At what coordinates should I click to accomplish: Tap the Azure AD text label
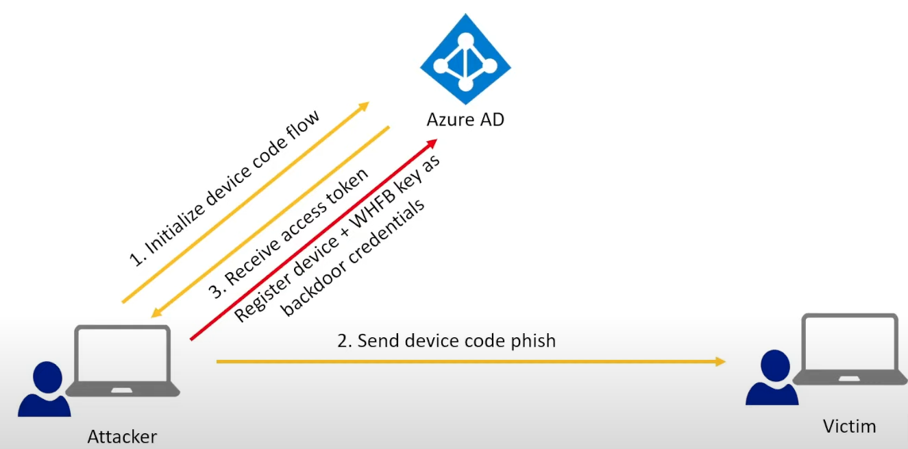[x=465, y=119]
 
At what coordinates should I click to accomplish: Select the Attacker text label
[x=122, y=437]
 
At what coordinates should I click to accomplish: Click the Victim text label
[x=849, y=426]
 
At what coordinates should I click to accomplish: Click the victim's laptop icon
[x=849, y=350]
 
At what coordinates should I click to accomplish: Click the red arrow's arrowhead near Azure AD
[x=431, y=142]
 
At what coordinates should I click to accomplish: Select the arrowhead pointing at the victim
[x=720, y=361]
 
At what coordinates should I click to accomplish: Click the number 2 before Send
[x=343, y=341]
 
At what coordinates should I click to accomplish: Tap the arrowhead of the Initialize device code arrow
[x=364, y=106]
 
